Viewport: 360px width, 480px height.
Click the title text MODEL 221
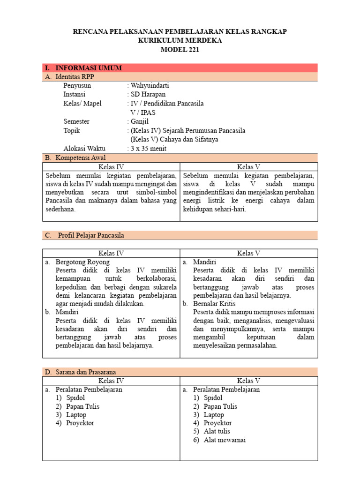click(180, 49)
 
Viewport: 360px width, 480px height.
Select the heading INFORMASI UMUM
click(89, 68)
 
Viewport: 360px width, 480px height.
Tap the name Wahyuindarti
click(150, 86)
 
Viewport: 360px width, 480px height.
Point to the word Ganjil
click(140, 121)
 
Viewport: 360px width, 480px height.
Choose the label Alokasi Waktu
click(84, 149)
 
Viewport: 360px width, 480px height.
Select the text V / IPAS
click(143, 112)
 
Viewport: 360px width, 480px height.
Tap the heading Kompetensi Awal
click(80, 157)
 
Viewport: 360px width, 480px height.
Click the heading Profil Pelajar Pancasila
click(91, 235)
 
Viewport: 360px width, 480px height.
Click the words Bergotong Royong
click(82, 262)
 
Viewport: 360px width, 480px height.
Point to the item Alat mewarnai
click(225, 440)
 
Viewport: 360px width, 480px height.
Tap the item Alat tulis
click(217, 431)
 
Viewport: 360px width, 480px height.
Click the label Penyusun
click(77, 86)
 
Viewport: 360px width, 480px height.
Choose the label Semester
click(76, 121)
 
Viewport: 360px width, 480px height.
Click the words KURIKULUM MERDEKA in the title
click(180, 40)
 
